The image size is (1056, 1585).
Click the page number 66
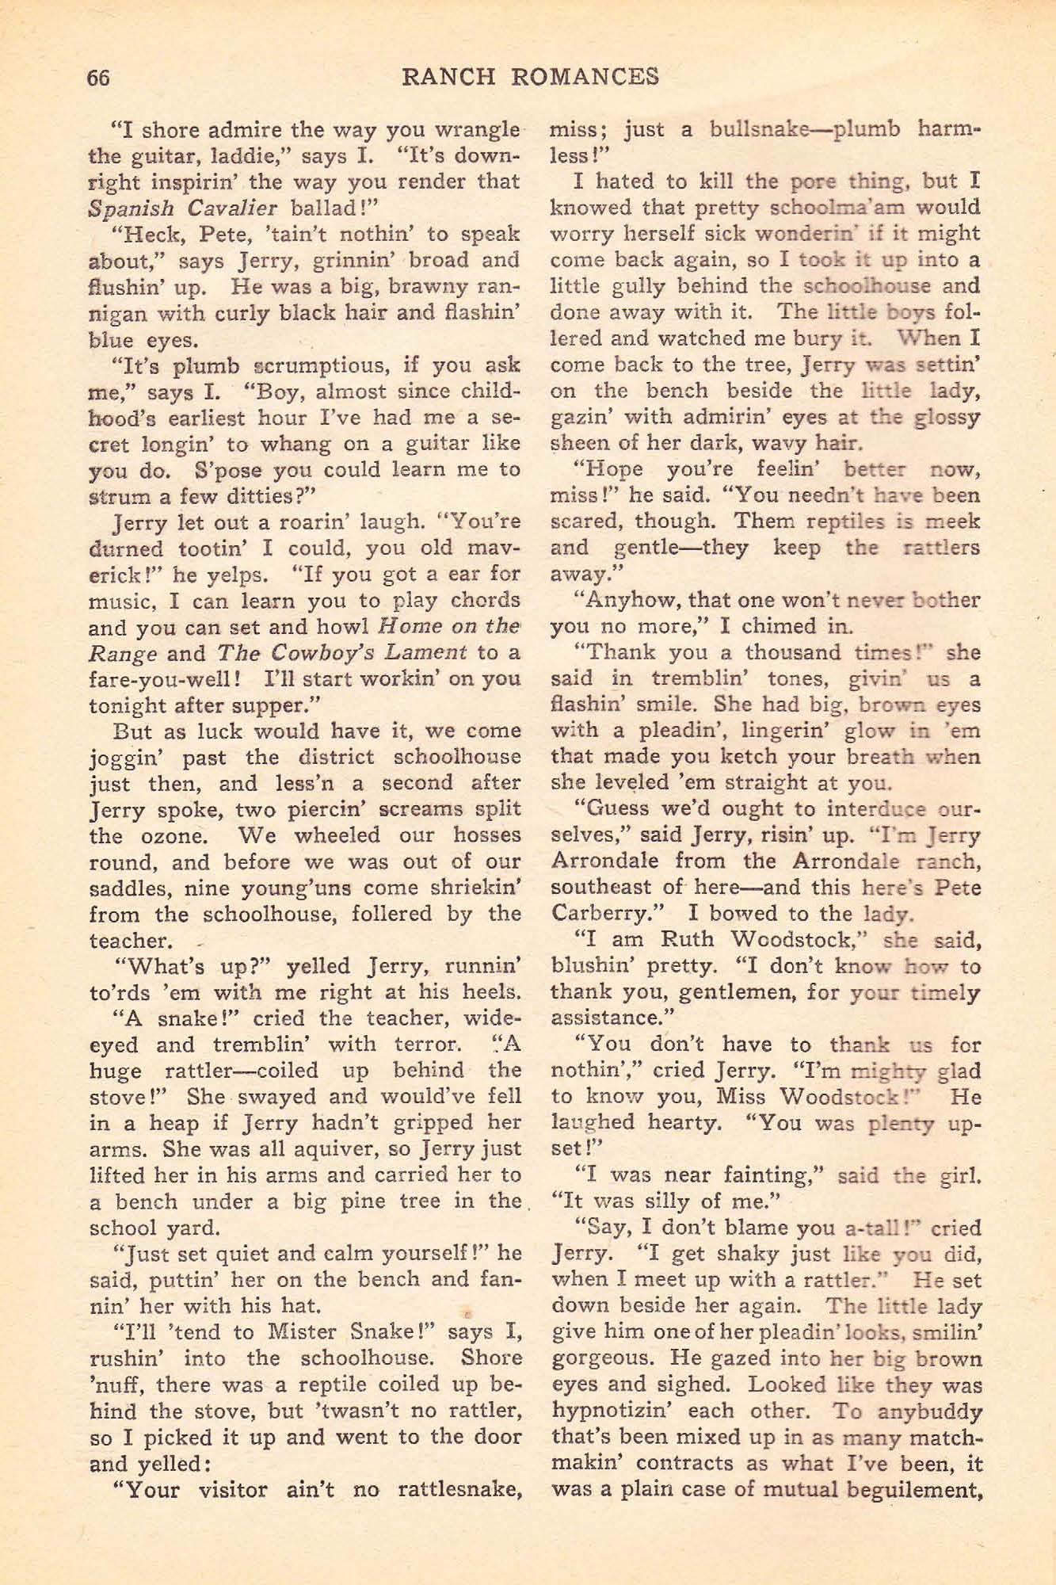[97, 77]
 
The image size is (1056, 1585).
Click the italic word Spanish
[127, 208]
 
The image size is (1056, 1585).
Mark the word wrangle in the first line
[475, 129]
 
